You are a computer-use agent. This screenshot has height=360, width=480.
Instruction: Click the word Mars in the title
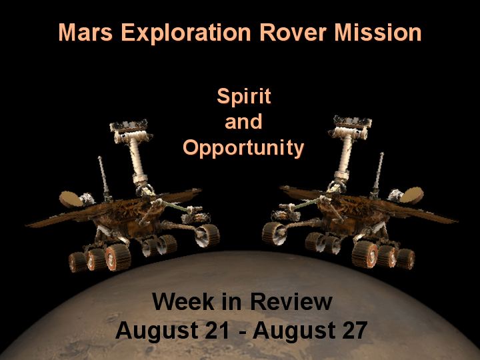coord(85,32)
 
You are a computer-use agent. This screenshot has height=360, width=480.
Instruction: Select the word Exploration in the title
coord(186,33)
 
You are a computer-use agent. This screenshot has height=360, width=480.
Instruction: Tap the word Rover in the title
coord(293,32)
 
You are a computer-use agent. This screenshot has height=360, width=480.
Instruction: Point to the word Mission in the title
coord(378,32)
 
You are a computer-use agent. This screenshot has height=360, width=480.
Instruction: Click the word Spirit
coord(244,96)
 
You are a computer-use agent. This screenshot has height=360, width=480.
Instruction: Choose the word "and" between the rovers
coord(244,121)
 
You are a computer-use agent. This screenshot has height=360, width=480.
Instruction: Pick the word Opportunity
coord(243,148)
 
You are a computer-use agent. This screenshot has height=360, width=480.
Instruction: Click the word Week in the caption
coord(183,301)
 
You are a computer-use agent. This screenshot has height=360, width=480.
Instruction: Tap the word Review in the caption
coord(291,301)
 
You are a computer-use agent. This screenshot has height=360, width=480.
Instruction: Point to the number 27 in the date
coord(355,330)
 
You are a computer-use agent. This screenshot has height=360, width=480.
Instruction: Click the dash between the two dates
coord(243,332)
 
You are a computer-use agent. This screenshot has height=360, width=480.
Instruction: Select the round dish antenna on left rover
coord(71,199)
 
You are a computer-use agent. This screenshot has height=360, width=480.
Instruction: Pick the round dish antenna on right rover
coord(412,195)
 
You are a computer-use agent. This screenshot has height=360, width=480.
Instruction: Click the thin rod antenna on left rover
coord(104,178)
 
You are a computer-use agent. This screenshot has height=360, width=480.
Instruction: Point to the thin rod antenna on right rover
coord(377,175)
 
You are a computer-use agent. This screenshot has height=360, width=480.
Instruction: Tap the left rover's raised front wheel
coord(207,235)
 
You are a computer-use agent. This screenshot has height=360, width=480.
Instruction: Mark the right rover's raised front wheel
coord(274,233)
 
